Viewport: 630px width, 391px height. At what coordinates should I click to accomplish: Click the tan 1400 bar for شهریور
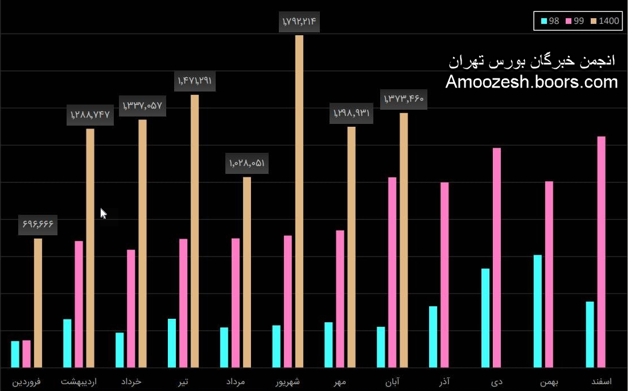[x=299, y=201]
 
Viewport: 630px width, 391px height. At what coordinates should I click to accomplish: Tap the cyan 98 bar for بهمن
[x=538, y=311]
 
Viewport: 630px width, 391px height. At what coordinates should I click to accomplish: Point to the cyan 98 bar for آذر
[x=433, y=336]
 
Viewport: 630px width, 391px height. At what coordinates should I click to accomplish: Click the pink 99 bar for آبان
[x=392, y=272]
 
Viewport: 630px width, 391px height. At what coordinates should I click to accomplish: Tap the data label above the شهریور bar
[x=299, y=23]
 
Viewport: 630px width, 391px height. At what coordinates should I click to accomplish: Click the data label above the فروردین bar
[x=38, y=224]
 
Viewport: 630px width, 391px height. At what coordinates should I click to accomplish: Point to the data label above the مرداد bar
[x=247, y=164]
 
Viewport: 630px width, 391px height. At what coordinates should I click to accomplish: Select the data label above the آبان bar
[x=404, y=99]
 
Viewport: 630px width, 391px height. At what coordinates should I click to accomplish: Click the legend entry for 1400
[x=605, y=21]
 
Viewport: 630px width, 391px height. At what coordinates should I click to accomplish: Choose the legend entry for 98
[x=550, y=21]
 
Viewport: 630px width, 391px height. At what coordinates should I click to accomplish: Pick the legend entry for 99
[x=575, y=21]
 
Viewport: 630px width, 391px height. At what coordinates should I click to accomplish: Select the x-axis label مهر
[x=340, y=381]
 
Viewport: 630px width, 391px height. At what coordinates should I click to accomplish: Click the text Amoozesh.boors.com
[x=532, y=82]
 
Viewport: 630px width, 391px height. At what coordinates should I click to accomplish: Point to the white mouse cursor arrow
[x=103, y=213]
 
